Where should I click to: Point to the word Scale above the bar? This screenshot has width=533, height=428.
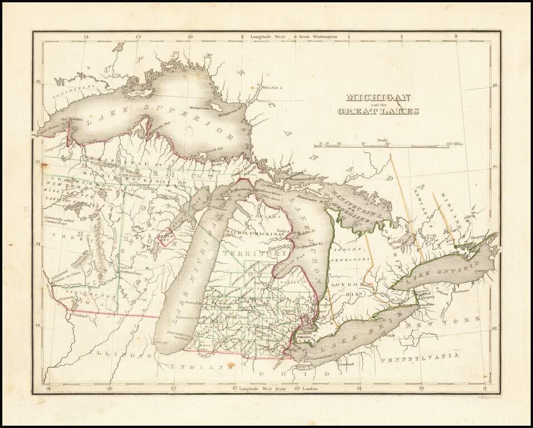(383, 140)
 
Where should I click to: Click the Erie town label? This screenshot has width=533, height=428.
(392, 335)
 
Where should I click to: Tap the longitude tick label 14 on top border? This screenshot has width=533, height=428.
(85, 37)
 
